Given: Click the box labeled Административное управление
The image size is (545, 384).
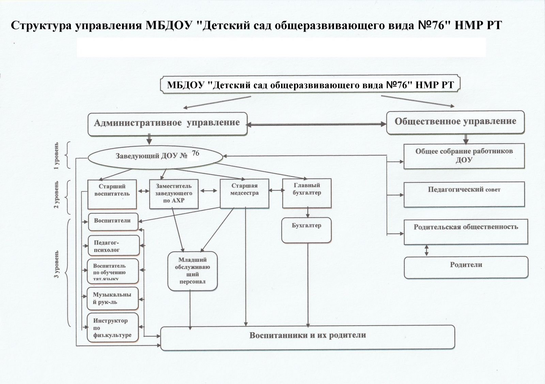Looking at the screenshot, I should (167, 123).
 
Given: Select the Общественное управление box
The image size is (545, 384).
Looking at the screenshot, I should (455, 122).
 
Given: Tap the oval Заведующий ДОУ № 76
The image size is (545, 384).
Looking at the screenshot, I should (155, 156).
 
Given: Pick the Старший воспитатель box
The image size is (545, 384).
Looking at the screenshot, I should (112, 194).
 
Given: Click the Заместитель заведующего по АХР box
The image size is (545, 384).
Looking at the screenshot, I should (174, 194).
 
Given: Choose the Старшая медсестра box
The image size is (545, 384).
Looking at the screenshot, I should (245, 194).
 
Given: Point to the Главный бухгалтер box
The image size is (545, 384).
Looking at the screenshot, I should (307, 193).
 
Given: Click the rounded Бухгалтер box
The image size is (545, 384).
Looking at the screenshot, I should (307, 230).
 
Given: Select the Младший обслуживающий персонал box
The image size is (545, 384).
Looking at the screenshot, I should (192, 271).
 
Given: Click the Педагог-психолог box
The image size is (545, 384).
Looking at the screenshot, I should (114, 246).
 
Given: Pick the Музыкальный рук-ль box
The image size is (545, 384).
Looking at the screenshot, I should (112, 298).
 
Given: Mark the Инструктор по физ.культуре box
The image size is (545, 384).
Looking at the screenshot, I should (112, 327).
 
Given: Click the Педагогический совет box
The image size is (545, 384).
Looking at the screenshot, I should (464, 195).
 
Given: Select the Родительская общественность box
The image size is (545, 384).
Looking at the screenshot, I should (466, 232).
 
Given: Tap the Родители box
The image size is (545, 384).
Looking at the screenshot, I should (466, 267).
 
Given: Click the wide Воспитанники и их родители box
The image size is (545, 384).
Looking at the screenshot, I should (308, 337).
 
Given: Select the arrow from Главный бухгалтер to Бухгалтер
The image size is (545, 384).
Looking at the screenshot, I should (308, 213).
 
